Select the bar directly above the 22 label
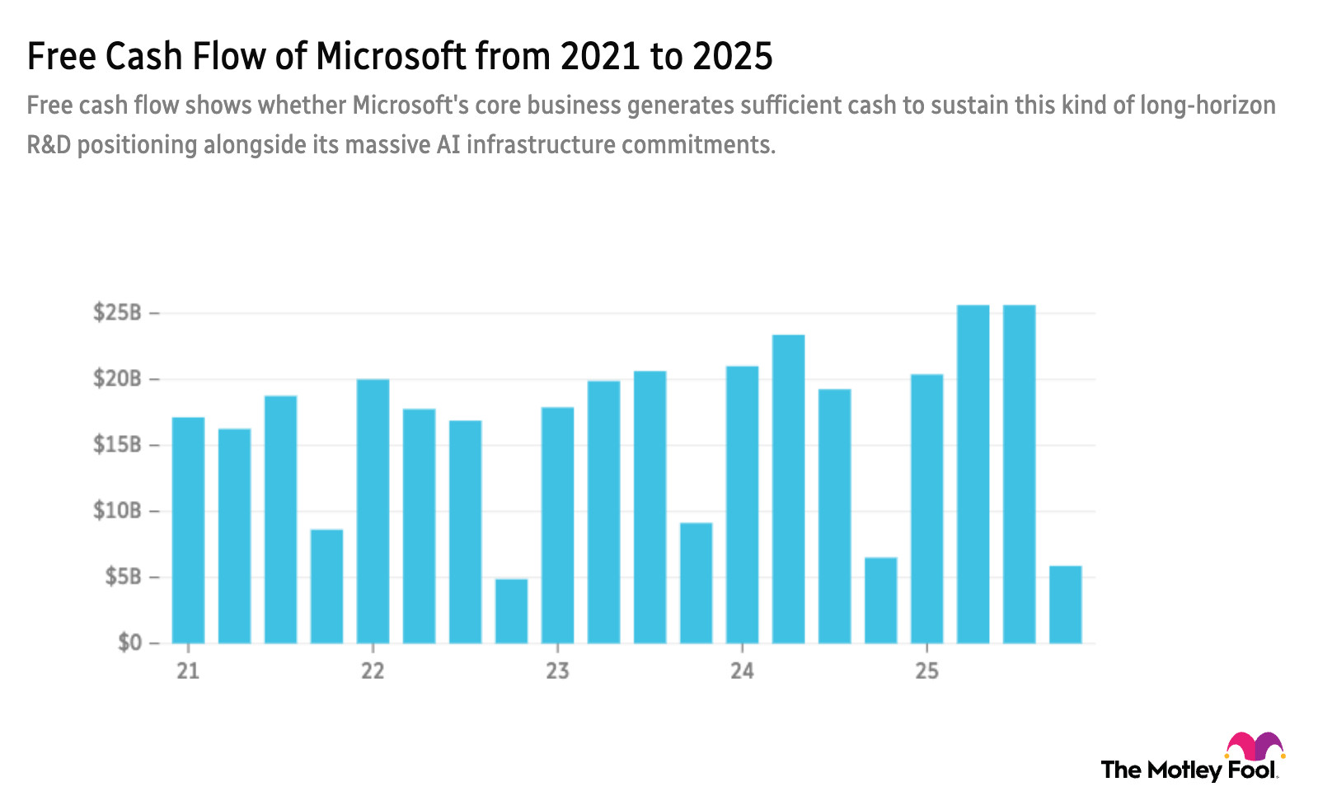coord(373,511)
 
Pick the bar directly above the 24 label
coord(742,504)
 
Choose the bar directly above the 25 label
coord(926,508)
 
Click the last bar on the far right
coord(1065,603)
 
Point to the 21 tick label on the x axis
coord(188,672)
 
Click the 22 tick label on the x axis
coord(373,672)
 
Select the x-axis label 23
coord(557,672)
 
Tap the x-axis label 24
coord(742,672)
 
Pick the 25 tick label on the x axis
coord(926,672)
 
